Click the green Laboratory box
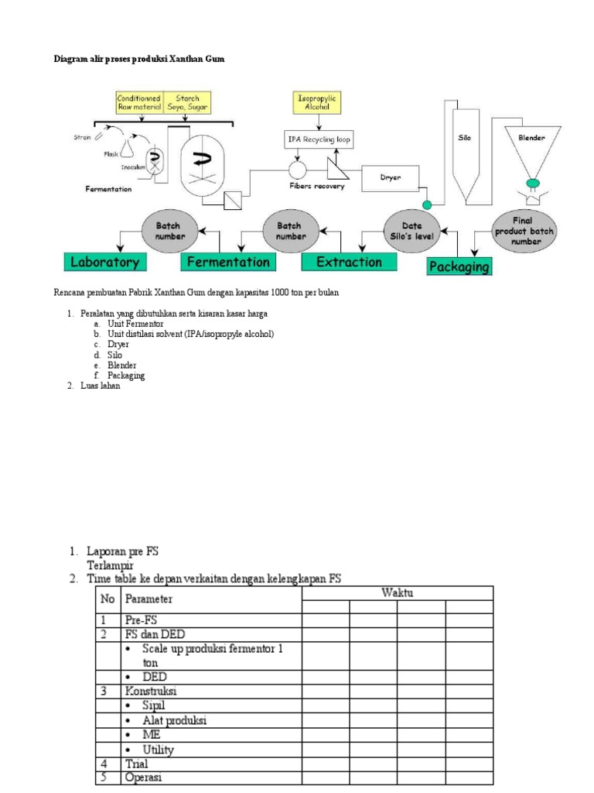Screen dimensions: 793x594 pyautogui.click(x=104, y=262)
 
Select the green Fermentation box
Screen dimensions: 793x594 pyautogui.click(x=228, y=262)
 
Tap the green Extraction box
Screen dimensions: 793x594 pyautogui.click(x=349, y=262)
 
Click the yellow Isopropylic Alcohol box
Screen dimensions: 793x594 pyautogui.click(x=318, y=102)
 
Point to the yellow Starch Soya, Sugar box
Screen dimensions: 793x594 pyautogui.click(x=187, y=103)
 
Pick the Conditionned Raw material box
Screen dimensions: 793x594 pyautogui.click(x=139, y=103)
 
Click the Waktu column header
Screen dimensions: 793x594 pyautogui.click(x=397, y=593)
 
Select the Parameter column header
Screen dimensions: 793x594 pyautogui.click(x=149, y=599)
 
